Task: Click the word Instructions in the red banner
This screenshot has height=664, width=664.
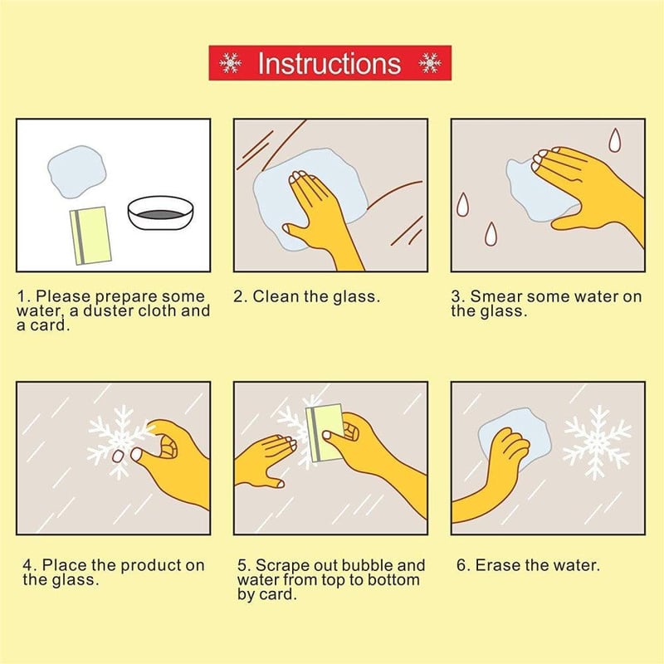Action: pos(329,63)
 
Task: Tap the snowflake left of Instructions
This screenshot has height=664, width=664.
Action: pos(231,63)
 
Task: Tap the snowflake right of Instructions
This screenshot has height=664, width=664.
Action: pos(429,63)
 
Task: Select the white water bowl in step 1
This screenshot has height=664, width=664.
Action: pos(160,212)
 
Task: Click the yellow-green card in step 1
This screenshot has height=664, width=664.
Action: pos(90,236)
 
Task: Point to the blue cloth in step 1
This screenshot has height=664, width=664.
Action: pos(76,172)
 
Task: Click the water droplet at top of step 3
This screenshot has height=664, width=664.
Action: pos(614,140)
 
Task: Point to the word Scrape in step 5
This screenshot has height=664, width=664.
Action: pos(282,566)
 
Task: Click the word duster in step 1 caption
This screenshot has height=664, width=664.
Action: pos(109,310)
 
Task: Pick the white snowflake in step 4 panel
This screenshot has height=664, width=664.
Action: pos(119,442)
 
